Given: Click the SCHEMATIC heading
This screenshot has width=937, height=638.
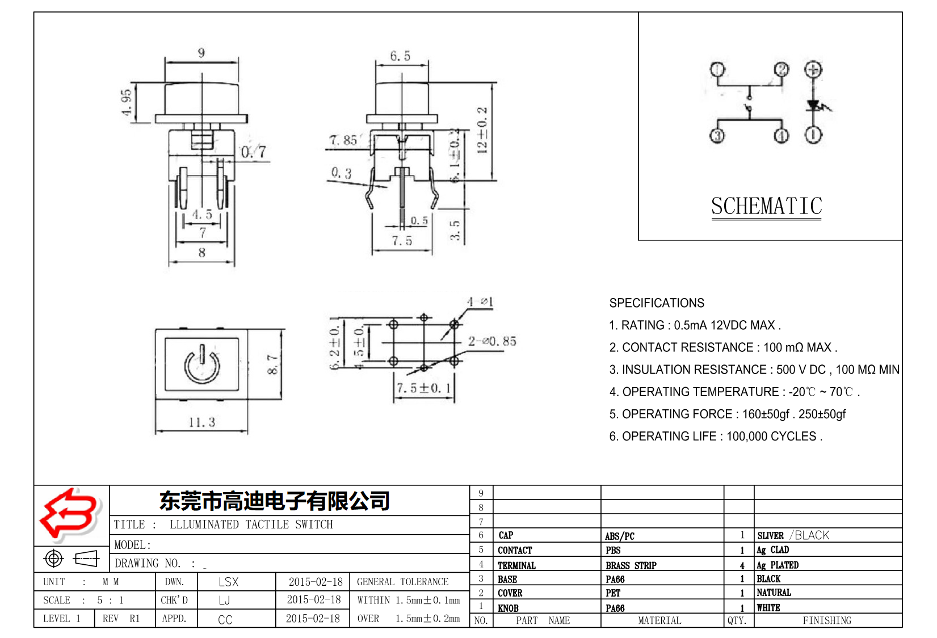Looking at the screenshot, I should (766, 206).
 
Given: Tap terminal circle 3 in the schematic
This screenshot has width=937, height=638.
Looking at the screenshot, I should (717, 136).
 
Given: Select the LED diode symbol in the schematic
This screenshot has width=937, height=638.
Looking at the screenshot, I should (814, 106).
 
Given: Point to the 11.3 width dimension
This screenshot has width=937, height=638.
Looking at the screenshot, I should (201, 422).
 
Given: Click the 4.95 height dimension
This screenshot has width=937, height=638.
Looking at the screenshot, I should (127, 102).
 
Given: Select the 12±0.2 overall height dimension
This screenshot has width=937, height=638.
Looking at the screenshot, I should (482, 131).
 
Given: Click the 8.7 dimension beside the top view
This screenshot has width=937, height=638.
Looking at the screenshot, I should (272, 364).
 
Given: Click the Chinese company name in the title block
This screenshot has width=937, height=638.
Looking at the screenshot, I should (274, 501).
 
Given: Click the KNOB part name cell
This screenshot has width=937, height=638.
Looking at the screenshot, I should (508, 608).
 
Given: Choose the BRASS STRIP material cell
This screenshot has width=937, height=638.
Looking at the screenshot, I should (631, 565).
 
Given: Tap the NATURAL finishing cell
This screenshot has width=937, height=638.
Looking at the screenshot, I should (774, 593).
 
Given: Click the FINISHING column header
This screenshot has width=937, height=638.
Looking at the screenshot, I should (826, 620).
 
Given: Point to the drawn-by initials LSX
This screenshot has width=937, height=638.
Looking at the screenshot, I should (228, 582).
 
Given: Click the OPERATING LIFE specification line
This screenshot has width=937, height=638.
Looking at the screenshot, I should (715, 436).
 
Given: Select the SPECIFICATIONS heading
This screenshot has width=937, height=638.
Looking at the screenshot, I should (657, 303).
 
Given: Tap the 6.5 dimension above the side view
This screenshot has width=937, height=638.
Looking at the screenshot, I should (400, 56).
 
